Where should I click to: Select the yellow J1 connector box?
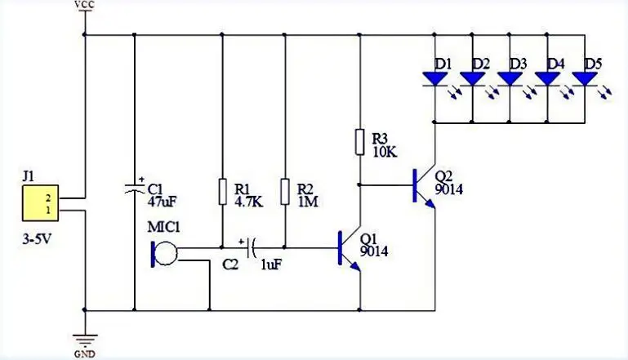coord(40,202)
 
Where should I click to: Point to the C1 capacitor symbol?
coord(134,189)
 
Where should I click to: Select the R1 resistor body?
coord(221,192)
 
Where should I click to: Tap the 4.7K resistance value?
coord(247,200)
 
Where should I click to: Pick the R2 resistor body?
coord(284,192)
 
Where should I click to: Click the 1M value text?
coord(307,200)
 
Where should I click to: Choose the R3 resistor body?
coord(359,142)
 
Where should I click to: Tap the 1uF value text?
coord(272,265)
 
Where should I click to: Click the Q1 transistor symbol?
coord(348,248)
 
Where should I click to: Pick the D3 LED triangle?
coord(510,78)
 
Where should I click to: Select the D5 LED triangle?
coord(585,78)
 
